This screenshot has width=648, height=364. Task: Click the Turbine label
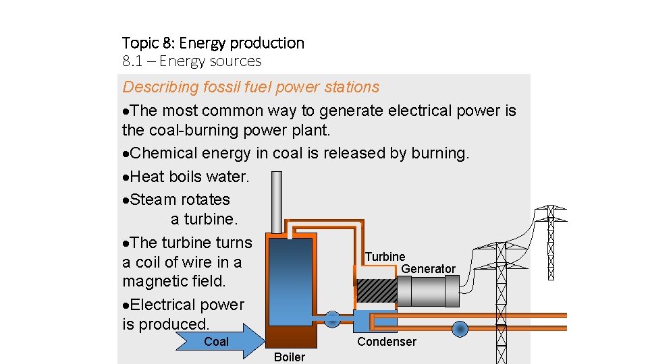tap(385, 257)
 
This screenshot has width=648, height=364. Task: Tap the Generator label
tap(428, 269)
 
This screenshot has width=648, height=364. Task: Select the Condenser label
tap(386, 342)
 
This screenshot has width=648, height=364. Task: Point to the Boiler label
tap(290, 357)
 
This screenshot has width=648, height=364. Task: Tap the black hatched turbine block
tap(375, 291)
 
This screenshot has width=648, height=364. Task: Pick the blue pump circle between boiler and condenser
tap(332, 320)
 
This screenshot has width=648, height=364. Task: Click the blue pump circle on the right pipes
tap(460, 329)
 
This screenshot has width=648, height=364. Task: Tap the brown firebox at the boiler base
tap(290, 336)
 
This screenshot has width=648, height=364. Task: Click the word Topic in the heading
tap(139, 43)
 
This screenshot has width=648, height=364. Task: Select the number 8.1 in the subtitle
tap(133, 61)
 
